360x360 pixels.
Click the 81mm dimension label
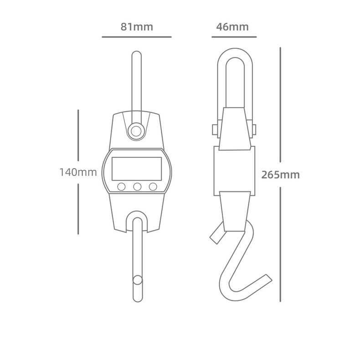(137, 27)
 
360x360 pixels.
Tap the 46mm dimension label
(232, 27)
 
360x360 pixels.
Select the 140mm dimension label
(78, 172)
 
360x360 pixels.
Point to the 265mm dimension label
(281, 175)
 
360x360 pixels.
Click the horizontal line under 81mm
(137, 37)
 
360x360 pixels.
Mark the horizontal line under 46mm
(234, 37)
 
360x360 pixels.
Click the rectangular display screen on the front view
(137, 169)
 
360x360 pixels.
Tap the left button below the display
(121, 187)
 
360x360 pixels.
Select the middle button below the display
(137, 187)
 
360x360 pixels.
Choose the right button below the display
(153, 187)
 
